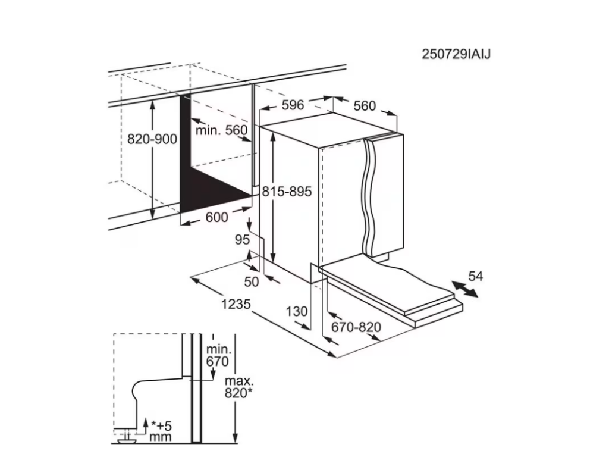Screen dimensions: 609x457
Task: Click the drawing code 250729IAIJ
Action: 456,54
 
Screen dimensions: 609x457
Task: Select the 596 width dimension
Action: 293,105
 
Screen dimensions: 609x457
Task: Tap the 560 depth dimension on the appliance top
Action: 365,106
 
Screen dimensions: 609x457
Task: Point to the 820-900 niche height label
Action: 152,139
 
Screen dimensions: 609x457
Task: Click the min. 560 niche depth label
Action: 221,130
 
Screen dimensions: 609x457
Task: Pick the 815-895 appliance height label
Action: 287,192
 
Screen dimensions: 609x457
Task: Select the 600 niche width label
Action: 216,217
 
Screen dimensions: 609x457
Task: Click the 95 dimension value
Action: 243,240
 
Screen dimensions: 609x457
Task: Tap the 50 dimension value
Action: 252,281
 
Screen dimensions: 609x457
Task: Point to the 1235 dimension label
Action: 236,304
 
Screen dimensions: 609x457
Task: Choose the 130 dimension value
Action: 297,311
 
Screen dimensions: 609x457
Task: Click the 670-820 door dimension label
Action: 356,327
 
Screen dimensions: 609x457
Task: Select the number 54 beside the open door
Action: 475,276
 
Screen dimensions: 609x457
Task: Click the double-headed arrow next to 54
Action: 465,290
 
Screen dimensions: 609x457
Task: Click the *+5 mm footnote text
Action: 161,431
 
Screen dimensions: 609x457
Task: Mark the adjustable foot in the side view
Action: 125,436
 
